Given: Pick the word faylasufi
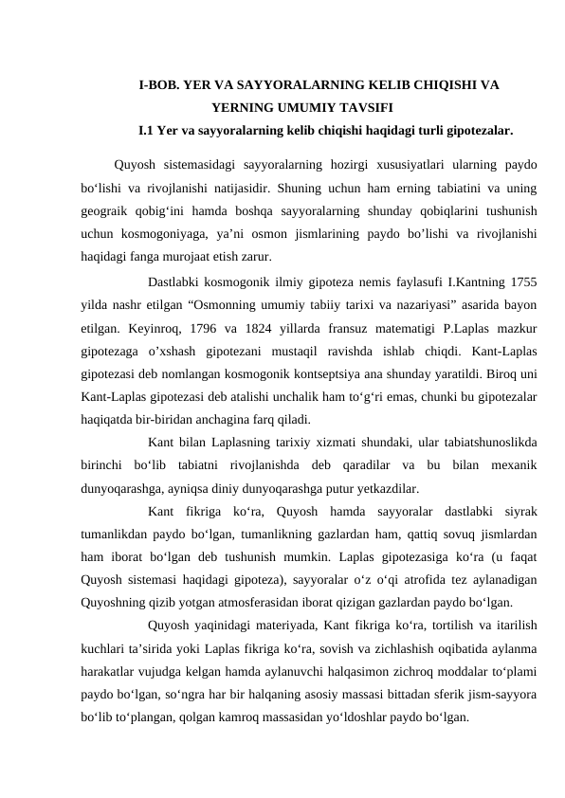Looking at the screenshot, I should pos(418,283).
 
